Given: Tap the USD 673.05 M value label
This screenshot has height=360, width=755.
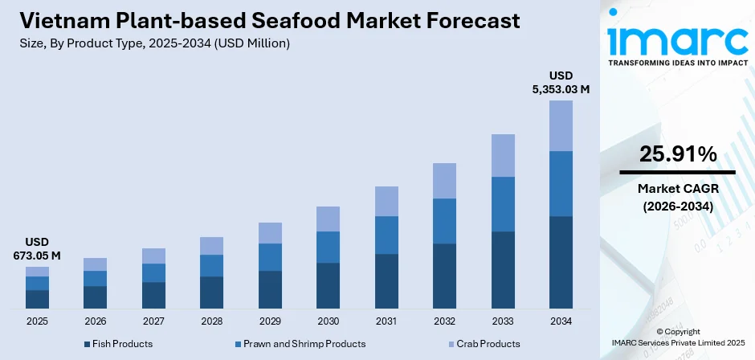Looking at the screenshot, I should [x=37, y=249].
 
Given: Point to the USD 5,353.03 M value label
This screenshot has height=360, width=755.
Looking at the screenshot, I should [x=561, y=83].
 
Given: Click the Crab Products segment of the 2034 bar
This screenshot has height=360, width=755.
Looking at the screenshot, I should [x=561, y=125].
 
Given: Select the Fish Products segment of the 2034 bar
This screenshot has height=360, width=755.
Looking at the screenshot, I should [x=561, y=262].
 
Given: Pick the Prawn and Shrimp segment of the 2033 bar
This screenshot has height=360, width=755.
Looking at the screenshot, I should [x=503, y=204].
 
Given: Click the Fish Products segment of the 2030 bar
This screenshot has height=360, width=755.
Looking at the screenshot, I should [x=328, y=285].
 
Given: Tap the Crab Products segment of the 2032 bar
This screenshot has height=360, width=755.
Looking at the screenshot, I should [x=444, y=181].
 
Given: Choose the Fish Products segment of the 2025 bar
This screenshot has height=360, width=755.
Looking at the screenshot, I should [x=37, y=299].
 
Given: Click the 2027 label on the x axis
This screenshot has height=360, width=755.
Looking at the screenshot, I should [x=153, y=321].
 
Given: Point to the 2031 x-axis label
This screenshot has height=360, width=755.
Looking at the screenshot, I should [x=386, y=321].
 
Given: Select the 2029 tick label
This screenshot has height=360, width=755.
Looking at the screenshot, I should [x=270, y=321].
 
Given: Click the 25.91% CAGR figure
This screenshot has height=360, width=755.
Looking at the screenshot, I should [x=677, y=155].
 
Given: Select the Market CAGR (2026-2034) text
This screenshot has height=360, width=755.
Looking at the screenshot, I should [x=677, y=197].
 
